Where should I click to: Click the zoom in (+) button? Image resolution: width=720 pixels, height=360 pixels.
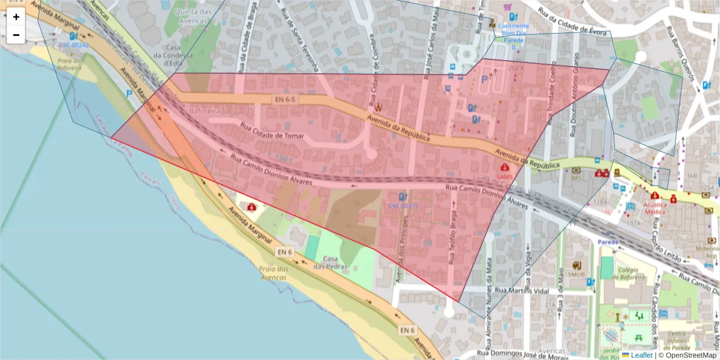click(x=16, y=17)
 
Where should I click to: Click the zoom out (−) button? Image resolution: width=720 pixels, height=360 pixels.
click(x=16, y=35)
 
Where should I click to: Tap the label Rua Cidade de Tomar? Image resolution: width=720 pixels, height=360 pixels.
click(x=272, y=131)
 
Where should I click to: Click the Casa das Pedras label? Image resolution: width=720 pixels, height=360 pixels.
click(x=328, y=263)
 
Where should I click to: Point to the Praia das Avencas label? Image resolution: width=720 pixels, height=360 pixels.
click(x=274, y=273)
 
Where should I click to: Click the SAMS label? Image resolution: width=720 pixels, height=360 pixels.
click(x=505, y=177)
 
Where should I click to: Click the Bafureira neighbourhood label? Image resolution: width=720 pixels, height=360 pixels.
click(x=205, y=112)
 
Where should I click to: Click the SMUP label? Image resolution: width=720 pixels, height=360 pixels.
click(x=577, y=274)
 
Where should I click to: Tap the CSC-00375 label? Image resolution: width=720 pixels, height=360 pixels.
click(x=403, y=206)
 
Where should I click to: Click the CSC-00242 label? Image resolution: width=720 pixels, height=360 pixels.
click(x=74, y=45)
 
